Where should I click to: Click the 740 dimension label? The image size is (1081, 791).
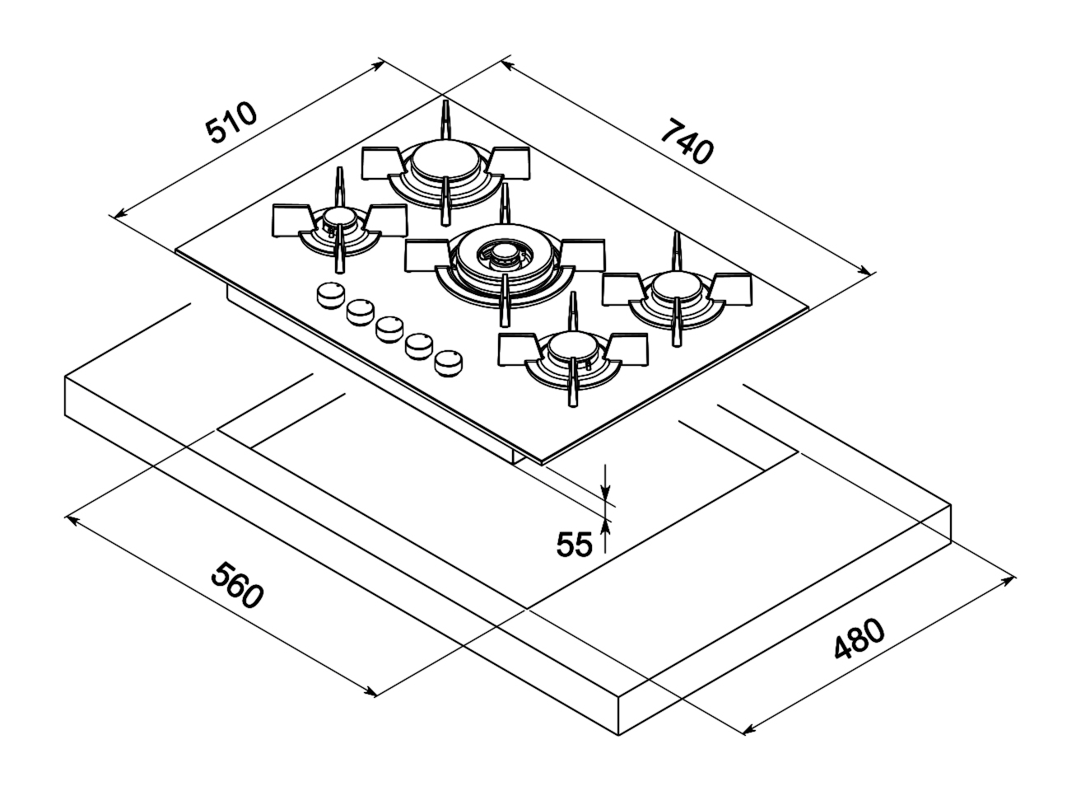pos(686,141)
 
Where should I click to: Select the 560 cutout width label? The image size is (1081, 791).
pos(236,585)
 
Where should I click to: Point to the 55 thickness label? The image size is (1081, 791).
pos(574,545)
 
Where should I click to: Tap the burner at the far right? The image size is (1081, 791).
pos(677,288)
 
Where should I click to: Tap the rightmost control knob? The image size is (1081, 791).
pos(449,363)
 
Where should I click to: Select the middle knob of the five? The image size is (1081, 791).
pos(389,329)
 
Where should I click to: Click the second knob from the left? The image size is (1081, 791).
pos(361,311)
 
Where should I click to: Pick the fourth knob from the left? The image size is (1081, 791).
pos(420,344)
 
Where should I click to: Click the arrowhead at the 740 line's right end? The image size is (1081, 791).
pos(864,270)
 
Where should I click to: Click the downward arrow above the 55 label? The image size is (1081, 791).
pos(606,494)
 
